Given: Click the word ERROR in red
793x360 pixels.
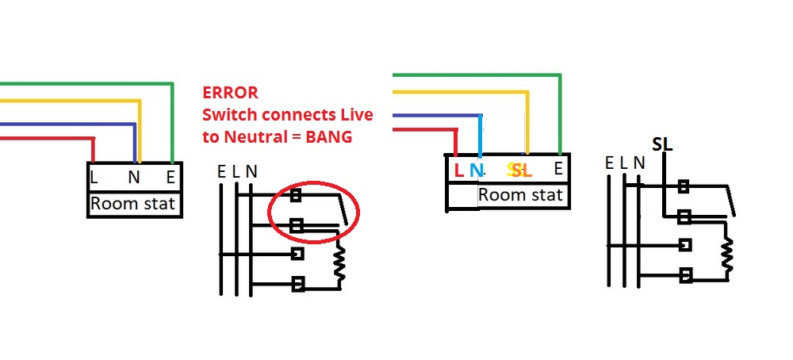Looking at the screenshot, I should [x=230, y=93].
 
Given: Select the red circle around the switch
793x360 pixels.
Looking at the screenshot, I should [x=314, y=212].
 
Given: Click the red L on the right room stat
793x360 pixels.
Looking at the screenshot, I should [x=458, y=169].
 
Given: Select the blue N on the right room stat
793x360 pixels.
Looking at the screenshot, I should [x=476, y=169].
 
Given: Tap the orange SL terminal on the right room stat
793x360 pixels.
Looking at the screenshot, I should [x=519, y=169].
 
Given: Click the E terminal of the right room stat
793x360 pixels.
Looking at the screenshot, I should [x=558, y=168].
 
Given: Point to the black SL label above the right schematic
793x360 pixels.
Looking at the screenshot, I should [x=662, y=144].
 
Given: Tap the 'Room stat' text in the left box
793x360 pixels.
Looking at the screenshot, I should [x=132, y=204].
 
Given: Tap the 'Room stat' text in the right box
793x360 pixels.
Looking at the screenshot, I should [x=520, y=195].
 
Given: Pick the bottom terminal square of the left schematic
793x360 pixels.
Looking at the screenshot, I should [x=298, y=283].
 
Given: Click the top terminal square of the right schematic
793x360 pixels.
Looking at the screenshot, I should [x=682, y=188].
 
